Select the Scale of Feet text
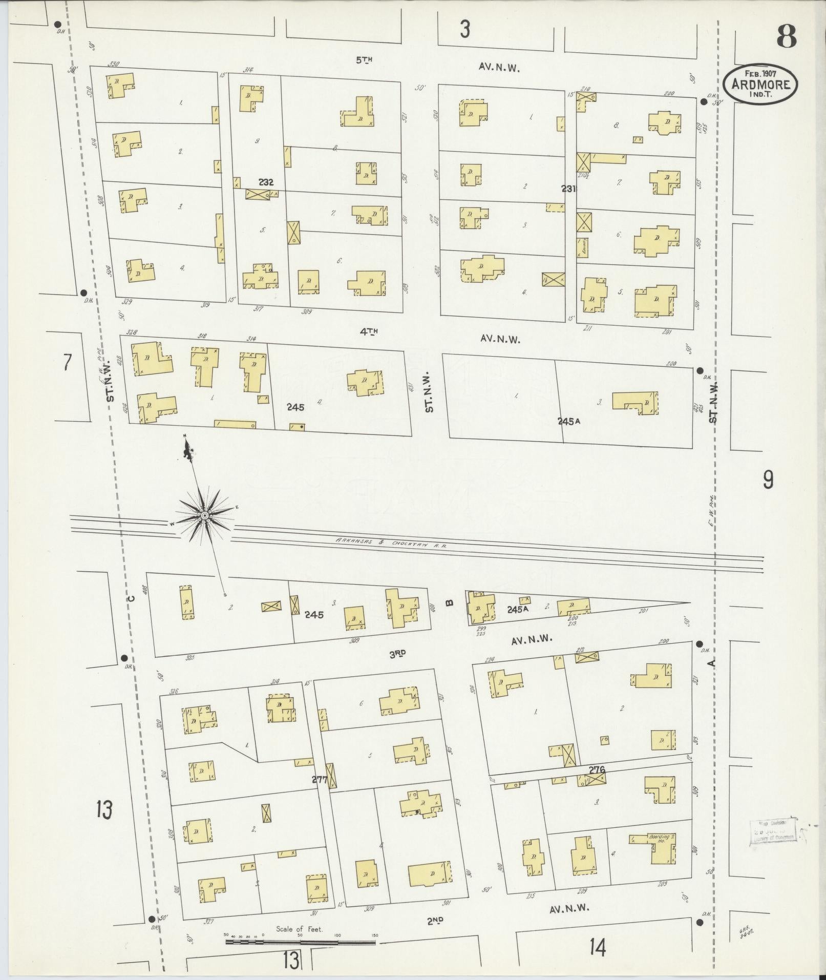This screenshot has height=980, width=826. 300,929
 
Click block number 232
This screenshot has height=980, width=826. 266,182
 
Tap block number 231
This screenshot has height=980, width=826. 568,189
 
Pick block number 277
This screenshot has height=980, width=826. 320,794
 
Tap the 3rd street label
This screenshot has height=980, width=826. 397,653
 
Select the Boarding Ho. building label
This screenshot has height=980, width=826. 657,839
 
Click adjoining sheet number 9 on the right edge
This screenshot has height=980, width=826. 768,480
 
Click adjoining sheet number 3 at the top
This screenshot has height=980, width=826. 464,30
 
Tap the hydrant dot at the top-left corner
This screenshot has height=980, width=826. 58,24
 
